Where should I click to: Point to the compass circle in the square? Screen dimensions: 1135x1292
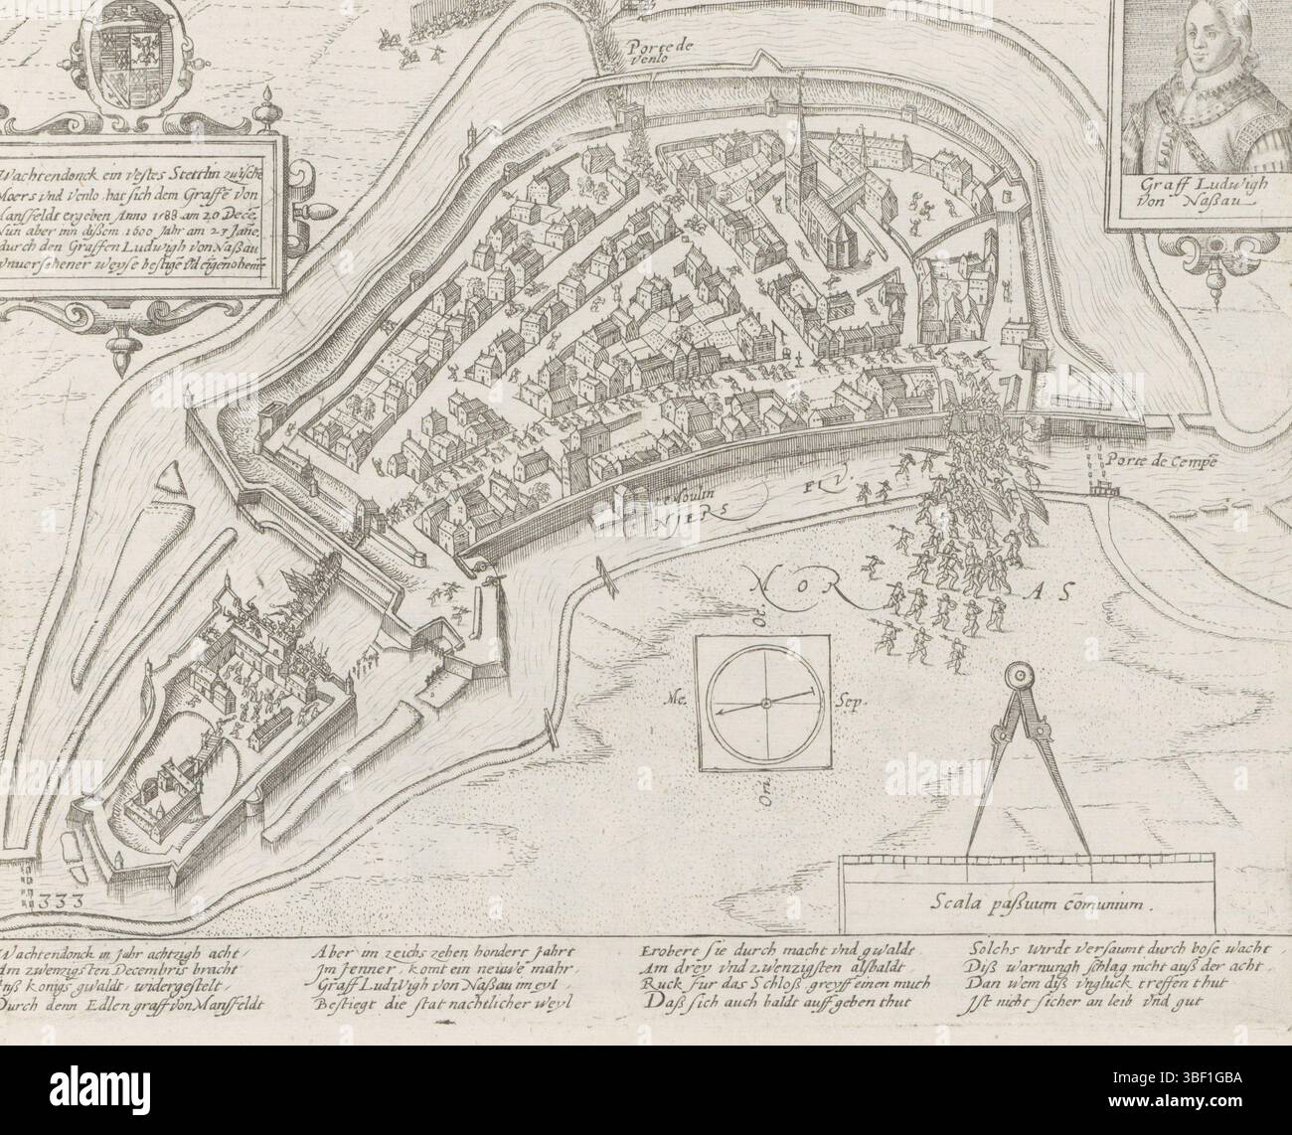point(766,704)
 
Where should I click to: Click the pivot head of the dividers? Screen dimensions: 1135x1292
point(1020,676)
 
